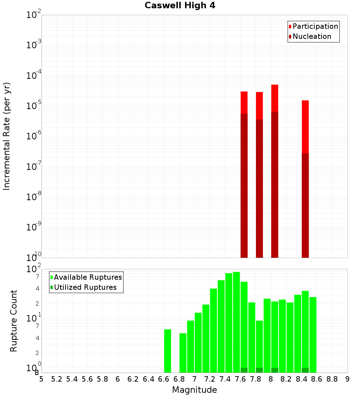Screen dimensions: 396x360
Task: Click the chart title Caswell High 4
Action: click(180, 6)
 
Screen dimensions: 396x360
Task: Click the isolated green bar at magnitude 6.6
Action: click(167, 351)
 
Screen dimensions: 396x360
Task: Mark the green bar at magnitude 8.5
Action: click(313, 335)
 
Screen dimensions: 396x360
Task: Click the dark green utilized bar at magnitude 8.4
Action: click(305, 370)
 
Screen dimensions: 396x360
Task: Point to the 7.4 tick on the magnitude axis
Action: click(225, 379)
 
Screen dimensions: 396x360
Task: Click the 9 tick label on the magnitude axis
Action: click(347, 379)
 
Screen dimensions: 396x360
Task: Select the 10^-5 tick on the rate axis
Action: click(34, 106)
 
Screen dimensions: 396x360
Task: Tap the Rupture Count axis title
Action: click(14, 321)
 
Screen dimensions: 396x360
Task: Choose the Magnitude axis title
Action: click(194, 390)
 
